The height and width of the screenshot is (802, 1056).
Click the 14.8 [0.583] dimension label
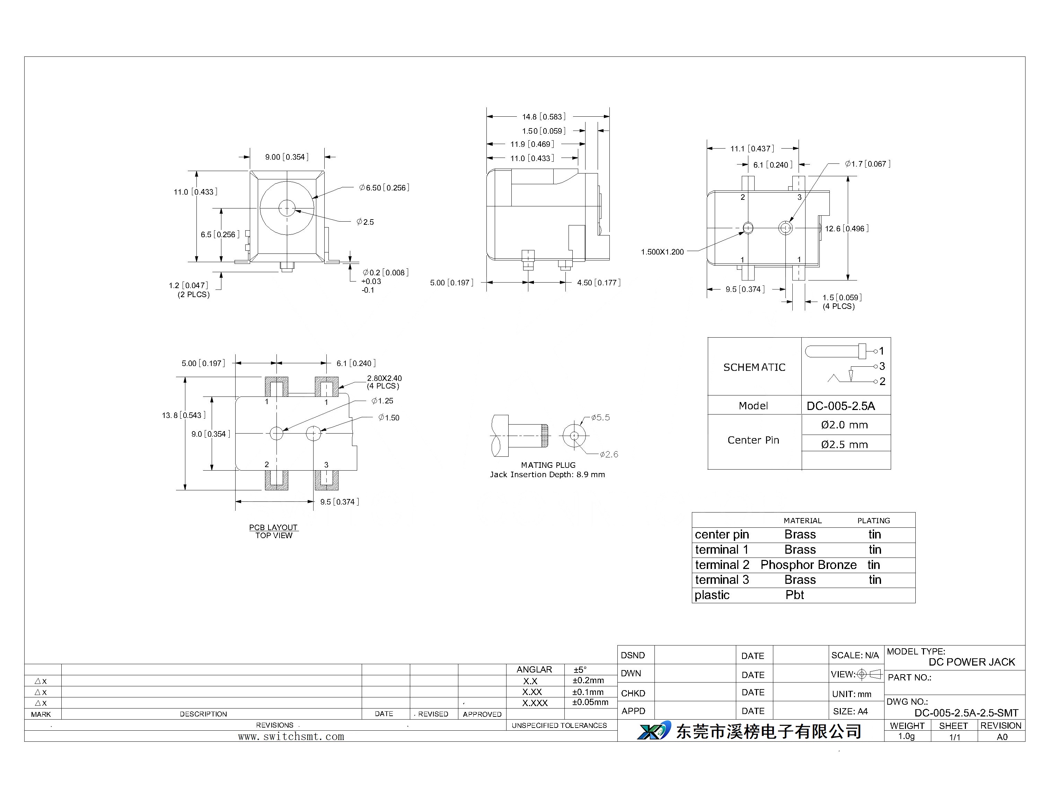point(544,117)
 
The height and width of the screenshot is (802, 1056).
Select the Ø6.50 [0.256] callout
point(385,188)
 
